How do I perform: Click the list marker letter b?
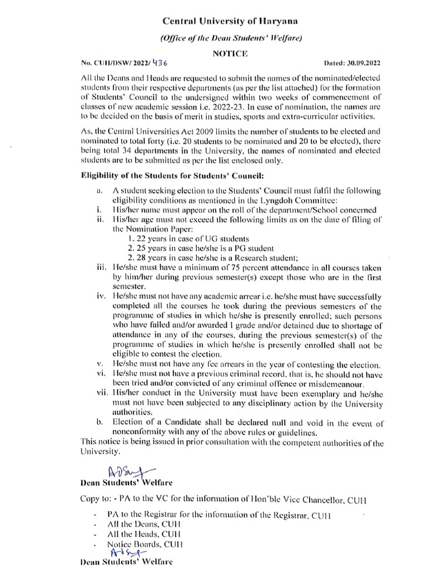pyautogui.click(x=100, y=423)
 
